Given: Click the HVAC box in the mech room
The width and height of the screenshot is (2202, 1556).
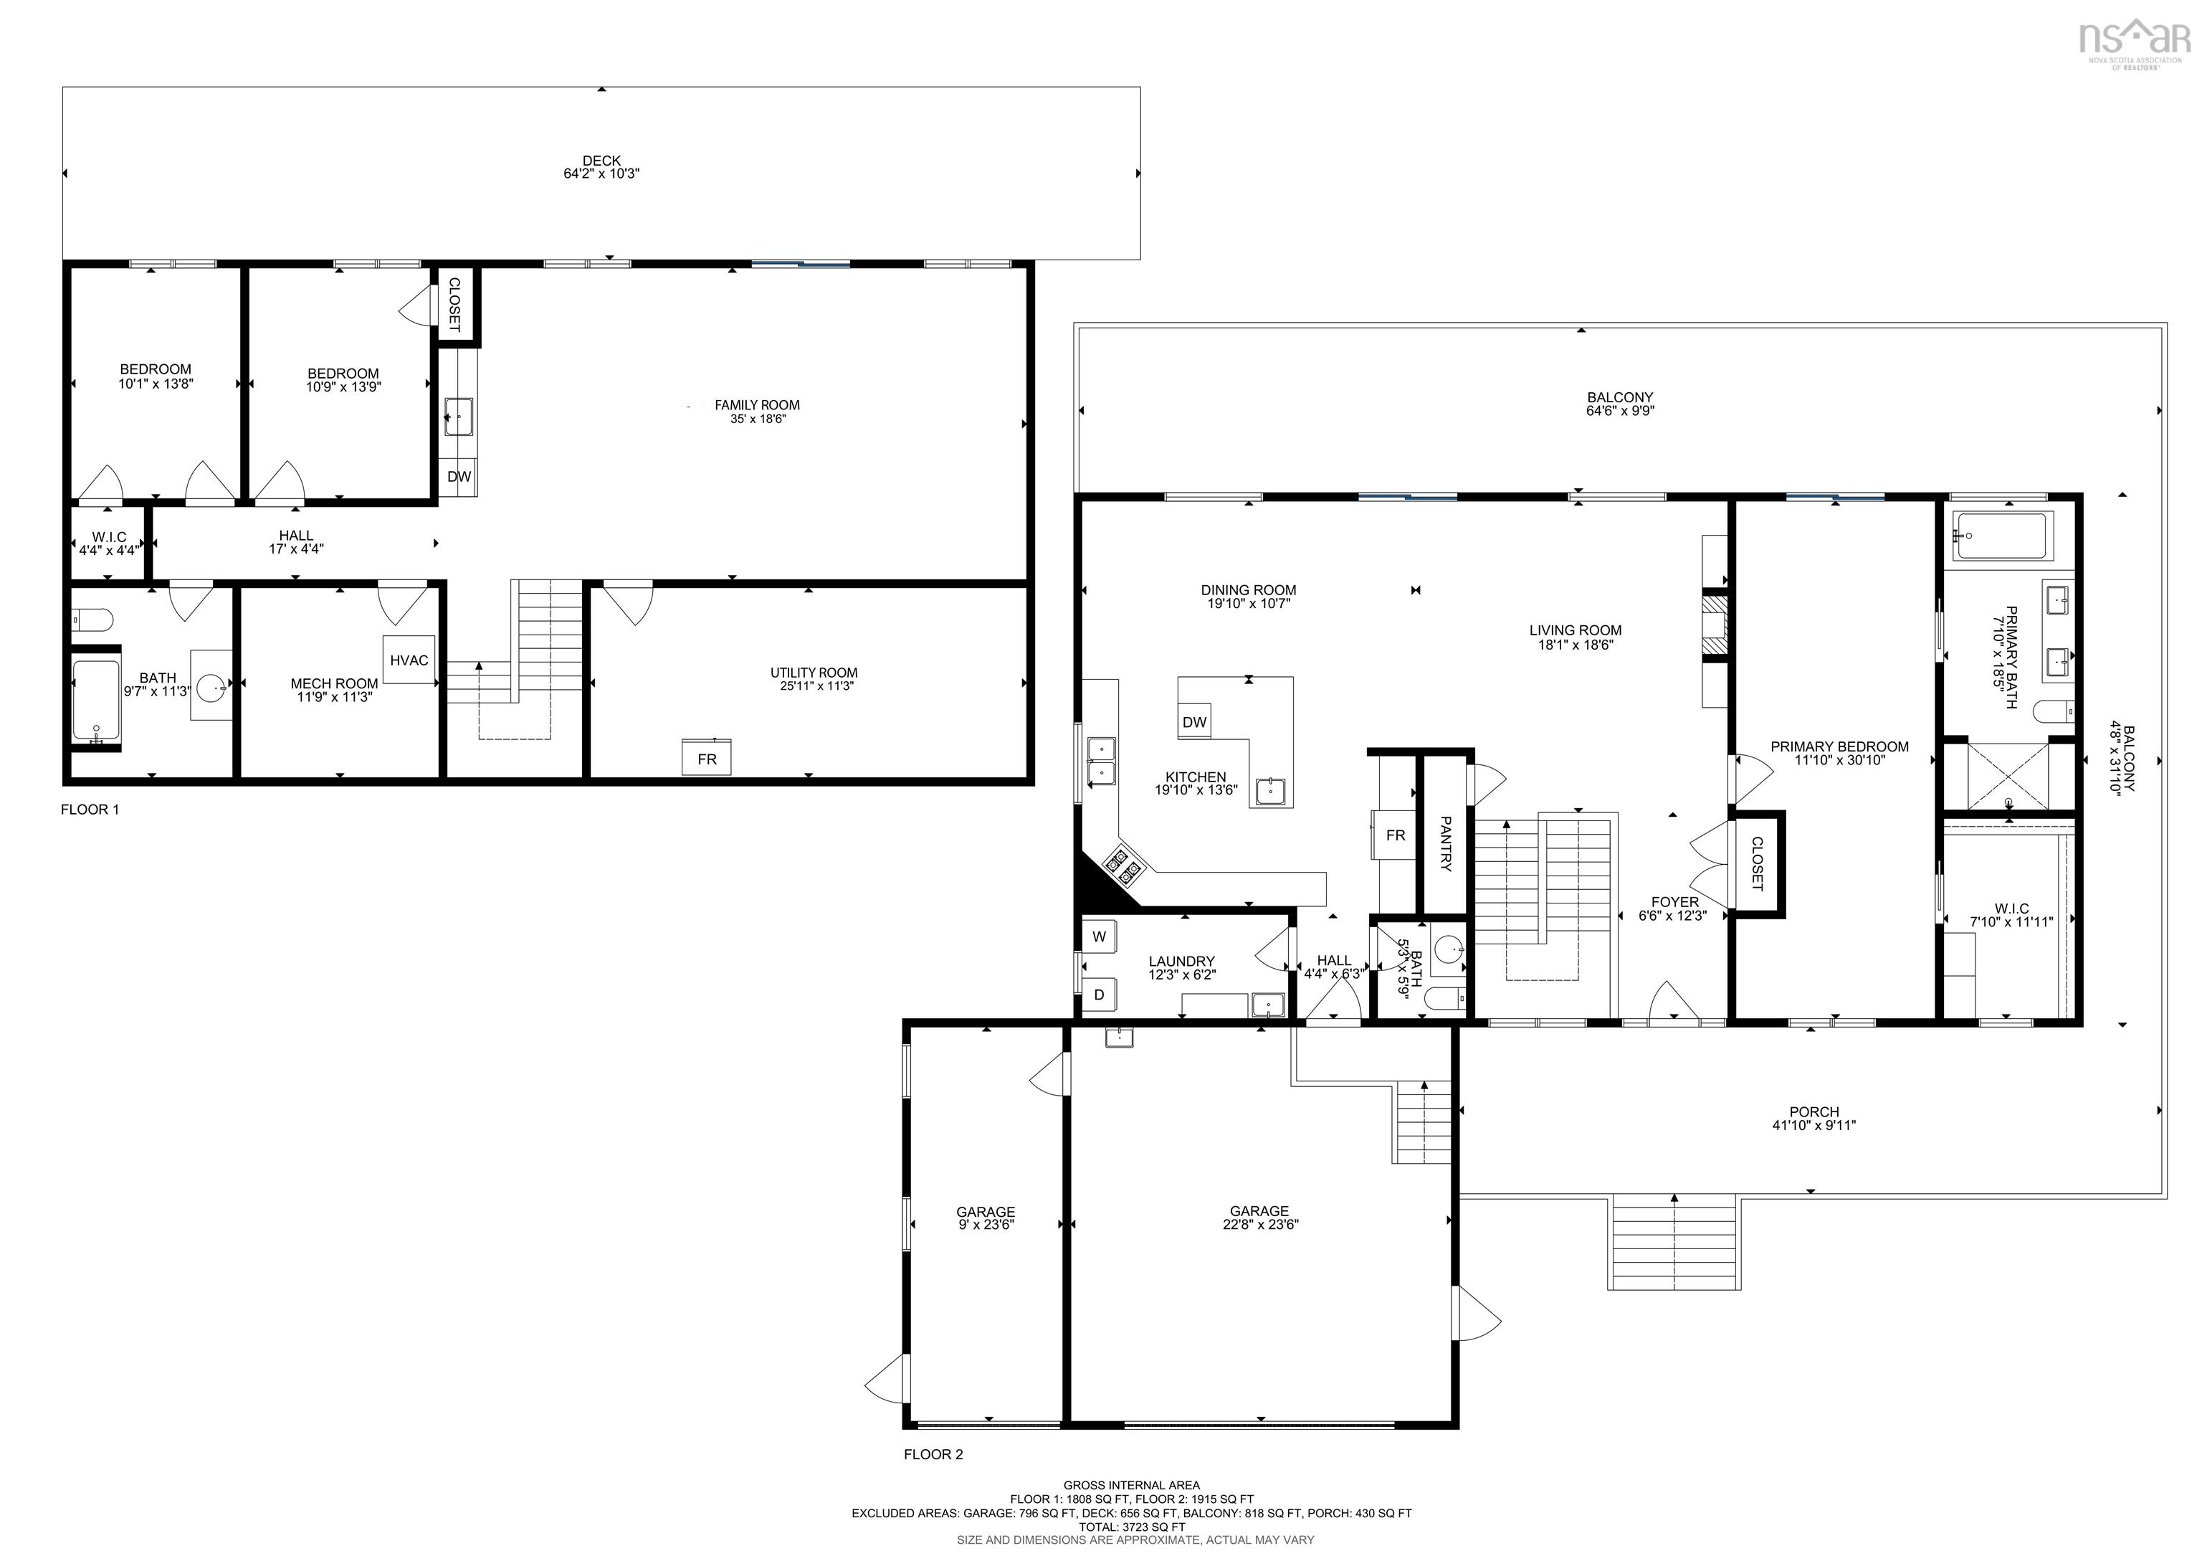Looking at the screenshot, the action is pyautogui.click(x=409, y=660).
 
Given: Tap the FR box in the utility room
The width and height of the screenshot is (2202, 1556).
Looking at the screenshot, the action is pyautogui.click(x=707, y=758).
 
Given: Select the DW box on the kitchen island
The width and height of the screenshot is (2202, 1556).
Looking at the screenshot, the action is pyautogui.click(x=1194, y=722).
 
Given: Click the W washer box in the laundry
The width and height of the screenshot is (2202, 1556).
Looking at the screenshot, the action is pyautogui.click(x=1099, y=936).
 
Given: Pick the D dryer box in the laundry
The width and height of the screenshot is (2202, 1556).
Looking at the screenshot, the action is pyautogui.click(x=1099, y=995).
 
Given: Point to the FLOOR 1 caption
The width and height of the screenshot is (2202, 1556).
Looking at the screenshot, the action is pyautogui.click(x=90, y=810).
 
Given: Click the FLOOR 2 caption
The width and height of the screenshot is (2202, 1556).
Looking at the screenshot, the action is pyautogui.click(x=933, y=1454).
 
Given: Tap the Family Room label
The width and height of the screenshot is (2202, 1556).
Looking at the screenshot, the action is pyautogui.click(x=757, y=405).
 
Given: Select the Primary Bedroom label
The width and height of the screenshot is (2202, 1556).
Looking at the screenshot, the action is pyautogui.click(x=1839, y=746).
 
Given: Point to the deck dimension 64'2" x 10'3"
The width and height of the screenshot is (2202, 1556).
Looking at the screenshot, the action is pyautogui.click(x=601, y=174).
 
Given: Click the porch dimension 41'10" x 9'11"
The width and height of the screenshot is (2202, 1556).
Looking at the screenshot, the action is pyautogui.click(x=1813, y=1125).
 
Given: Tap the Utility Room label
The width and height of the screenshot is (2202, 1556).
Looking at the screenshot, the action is pyautogui.click(x=814, y=673).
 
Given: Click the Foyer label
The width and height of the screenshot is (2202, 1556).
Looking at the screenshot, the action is pyautogui.click(x=1674, y=902).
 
